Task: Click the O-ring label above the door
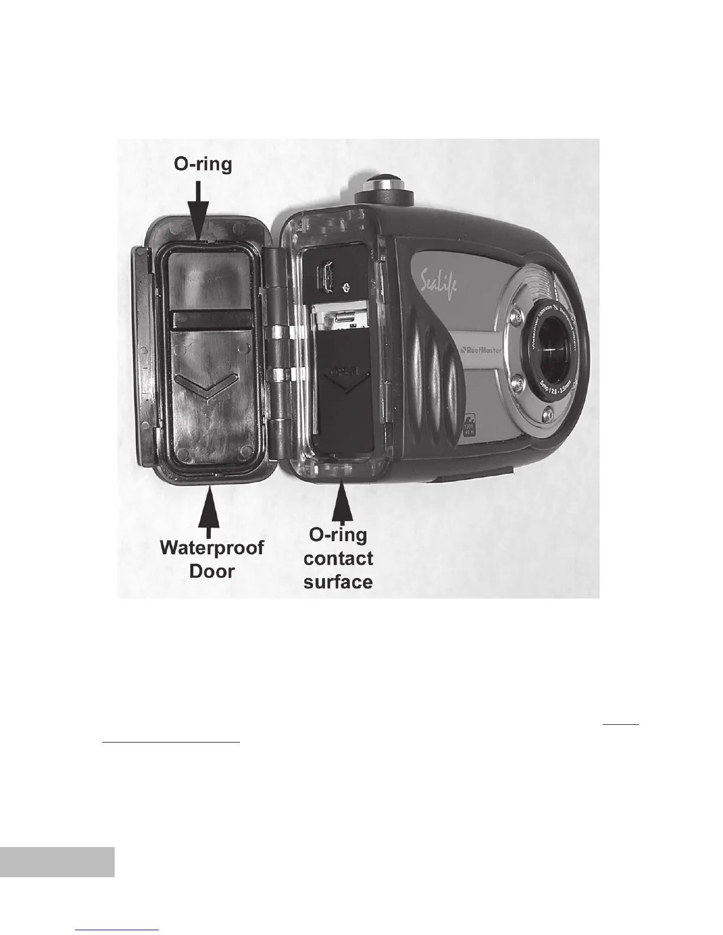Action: (x=203, y=164)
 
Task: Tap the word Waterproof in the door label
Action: (x=212, y=548)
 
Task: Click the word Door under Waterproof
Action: (x=212, y=571)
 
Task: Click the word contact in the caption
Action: (x=338, y=558)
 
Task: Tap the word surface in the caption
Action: (x=338, y=581)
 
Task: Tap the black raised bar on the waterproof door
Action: (x=210, y=321)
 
